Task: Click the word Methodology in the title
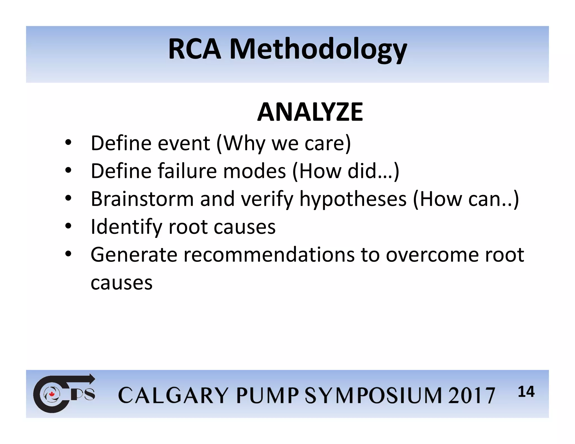(318, 49)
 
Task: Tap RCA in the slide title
(194, 49)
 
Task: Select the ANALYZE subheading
(310, 112)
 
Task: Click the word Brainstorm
(142, 199)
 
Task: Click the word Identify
(126, 227)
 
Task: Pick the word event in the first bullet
(184, 143)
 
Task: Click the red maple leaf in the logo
(51, 394)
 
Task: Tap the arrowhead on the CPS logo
(92, 379)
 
